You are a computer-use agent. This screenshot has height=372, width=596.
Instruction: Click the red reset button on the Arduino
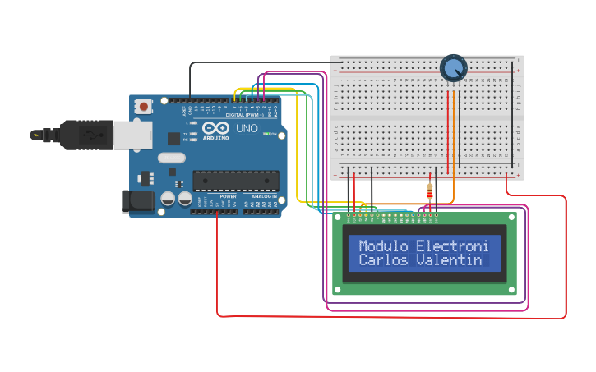pyautogui.click(x=145, y=106)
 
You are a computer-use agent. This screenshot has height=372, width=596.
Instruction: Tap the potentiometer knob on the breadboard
pyautogui.click(x=453, y=68)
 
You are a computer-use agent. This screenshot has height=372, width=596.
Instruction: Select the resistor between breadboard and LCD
pyautogui.click(x=430, y=191)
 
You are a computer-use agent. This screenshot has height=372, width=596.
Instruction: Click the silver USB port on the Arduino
pyautogui.click(x=132, y=135)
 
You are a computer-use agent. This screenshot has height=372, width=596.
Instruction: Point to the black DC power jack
pyautogui.click(x=137, y=201)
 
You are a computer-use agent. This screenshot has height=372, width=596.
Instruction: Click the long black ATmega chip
pyautogui.click(x=235, y=181)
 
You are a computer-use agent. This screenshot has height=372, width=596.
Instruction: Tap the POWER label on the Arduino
pyautogui.click(x=228, y=197)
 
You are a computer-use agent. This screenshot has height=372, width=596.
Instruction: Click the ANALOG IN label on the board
pyautogui.click(x=264, y=197)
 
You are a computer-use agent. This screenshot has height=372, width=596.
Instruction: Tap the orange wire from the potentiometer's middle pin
pyautogui.click(x=453, y=140)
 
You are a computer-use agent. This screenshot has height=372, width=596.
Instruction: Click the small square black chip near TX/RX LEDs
pyautogui.click(x=173, y=139)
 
